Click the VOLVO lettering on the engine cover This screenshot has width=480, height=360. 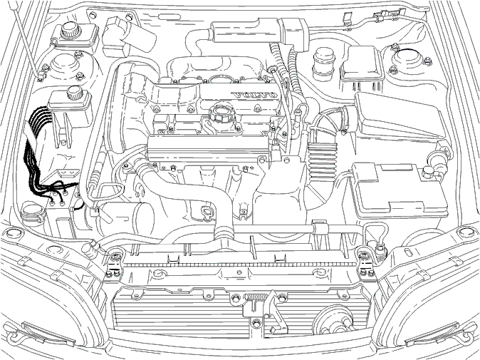[x=255, y=95]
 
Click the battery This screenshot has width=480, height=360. [x=399, y=190]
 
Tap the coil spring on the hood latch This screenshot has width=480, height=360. [x=256, y=297]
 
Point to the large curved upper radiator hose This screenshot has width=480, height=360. [x=190, y=196]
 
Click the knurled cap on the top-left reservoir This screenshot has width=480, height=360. [x=71, y=30]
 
